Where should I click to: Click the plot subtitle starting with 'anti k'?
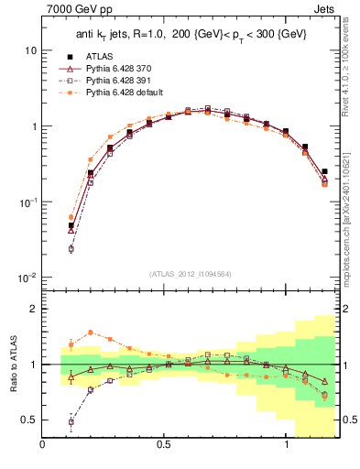point(191,35)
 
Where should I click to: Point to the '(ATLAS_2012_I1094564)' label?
point(191,273)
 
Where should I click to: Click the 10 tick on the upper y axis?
point(31,50)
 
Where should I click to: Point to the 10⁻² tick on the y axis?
point(27,278)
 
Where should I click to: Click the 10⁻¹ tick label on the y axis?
point(27,202)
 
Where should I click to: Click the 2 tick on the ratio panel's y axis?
point(33,309)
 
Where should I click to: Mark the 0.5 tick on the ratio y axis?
point(29,420)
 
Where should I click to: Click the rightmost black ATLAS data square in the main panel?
point(324,171)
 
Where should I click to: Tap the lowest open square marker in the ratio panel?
point(71,422)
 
